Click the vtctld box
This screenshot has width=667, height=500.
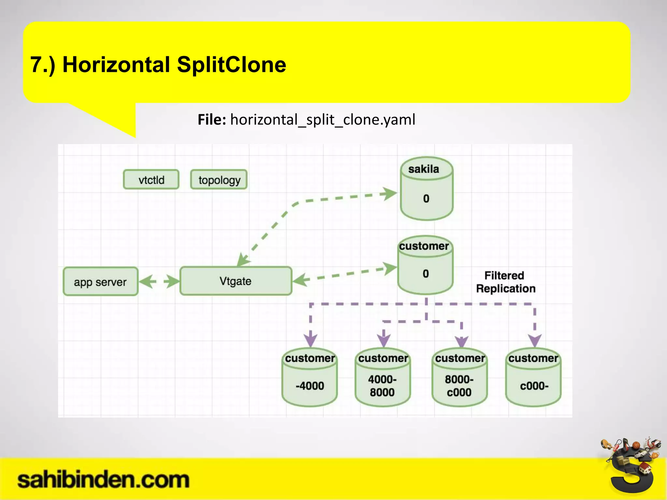tap(151, 179)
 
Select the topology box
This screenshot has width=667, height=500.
tap(219, 179)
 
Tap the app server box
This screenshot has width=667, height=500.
tap(100, 282)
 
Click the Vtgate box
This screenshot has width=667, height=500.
tap(235, 281)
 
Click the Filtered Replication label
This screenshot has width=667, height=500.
tap(505, 282)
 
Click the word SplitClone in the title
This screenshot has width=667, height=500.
tap(231, 64)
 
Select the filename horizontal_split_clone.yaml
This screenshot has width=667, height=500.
tap(323, 119)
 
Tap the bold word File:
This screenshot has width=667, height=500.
tap(212, 119)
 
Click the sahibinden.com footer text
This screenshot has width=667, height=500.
tap(103, 480)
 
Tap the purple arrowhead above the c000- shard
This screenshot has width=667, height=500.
tap(535, 340)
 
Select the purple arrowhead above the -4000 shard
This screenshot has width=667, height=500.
tap(310, 340)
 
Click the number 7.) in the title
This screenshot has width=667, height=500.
tap(43, 64)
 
